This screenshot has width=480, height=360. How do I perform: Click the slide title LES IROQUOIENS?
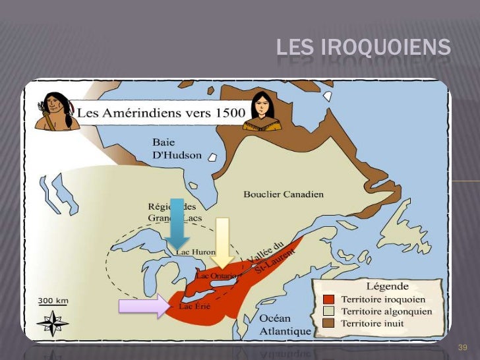point(363,48)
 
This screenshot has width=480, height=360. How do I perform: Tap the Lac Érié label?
point(195,307)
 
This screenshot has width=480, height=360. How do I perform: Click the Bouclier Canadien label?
point(284,194)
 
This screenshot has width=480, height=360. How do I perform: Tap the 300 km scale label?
point(52,301)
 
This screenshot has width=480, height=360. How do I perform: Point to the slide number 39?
point(462,347)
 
